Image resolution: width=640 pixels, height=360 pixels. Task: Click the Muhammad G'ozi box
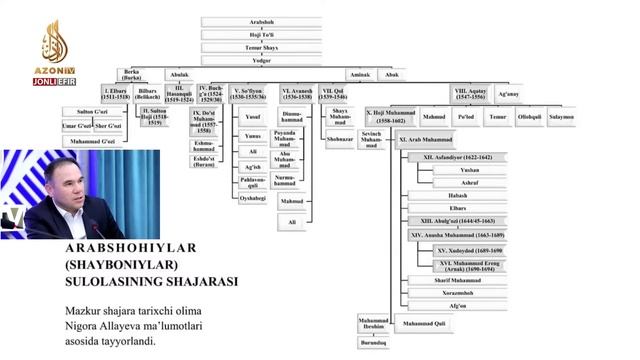point(93,141)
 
